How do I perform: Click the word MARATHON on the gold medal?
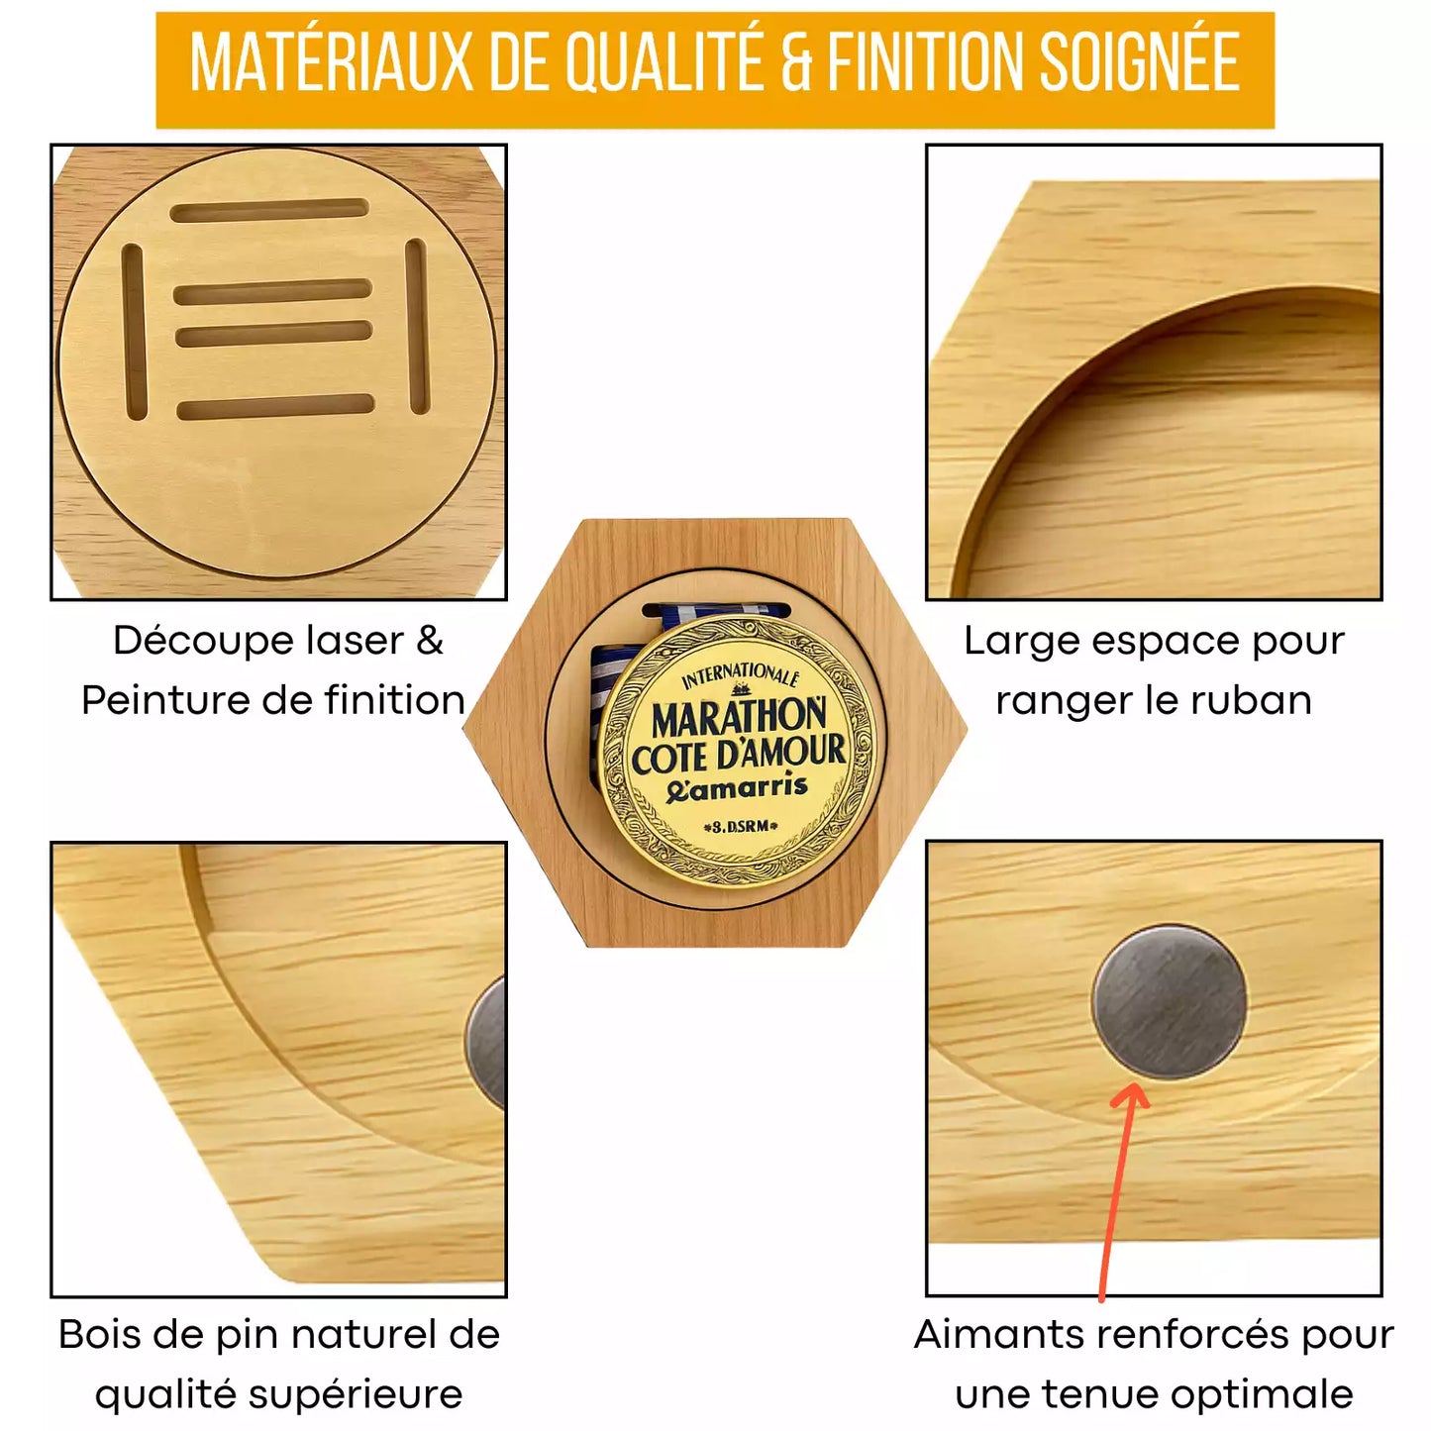pos(738,715)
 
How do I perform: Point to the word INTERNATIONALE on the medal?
pos(739,676)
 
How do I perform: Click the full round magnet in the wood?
pos(1170,1002)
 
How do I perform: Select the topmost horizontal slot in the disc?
pos(269,210)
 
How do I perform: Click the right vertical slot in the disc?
pos(417,325)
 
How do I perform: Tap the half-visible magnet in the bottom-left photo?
pos(489,1042)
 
